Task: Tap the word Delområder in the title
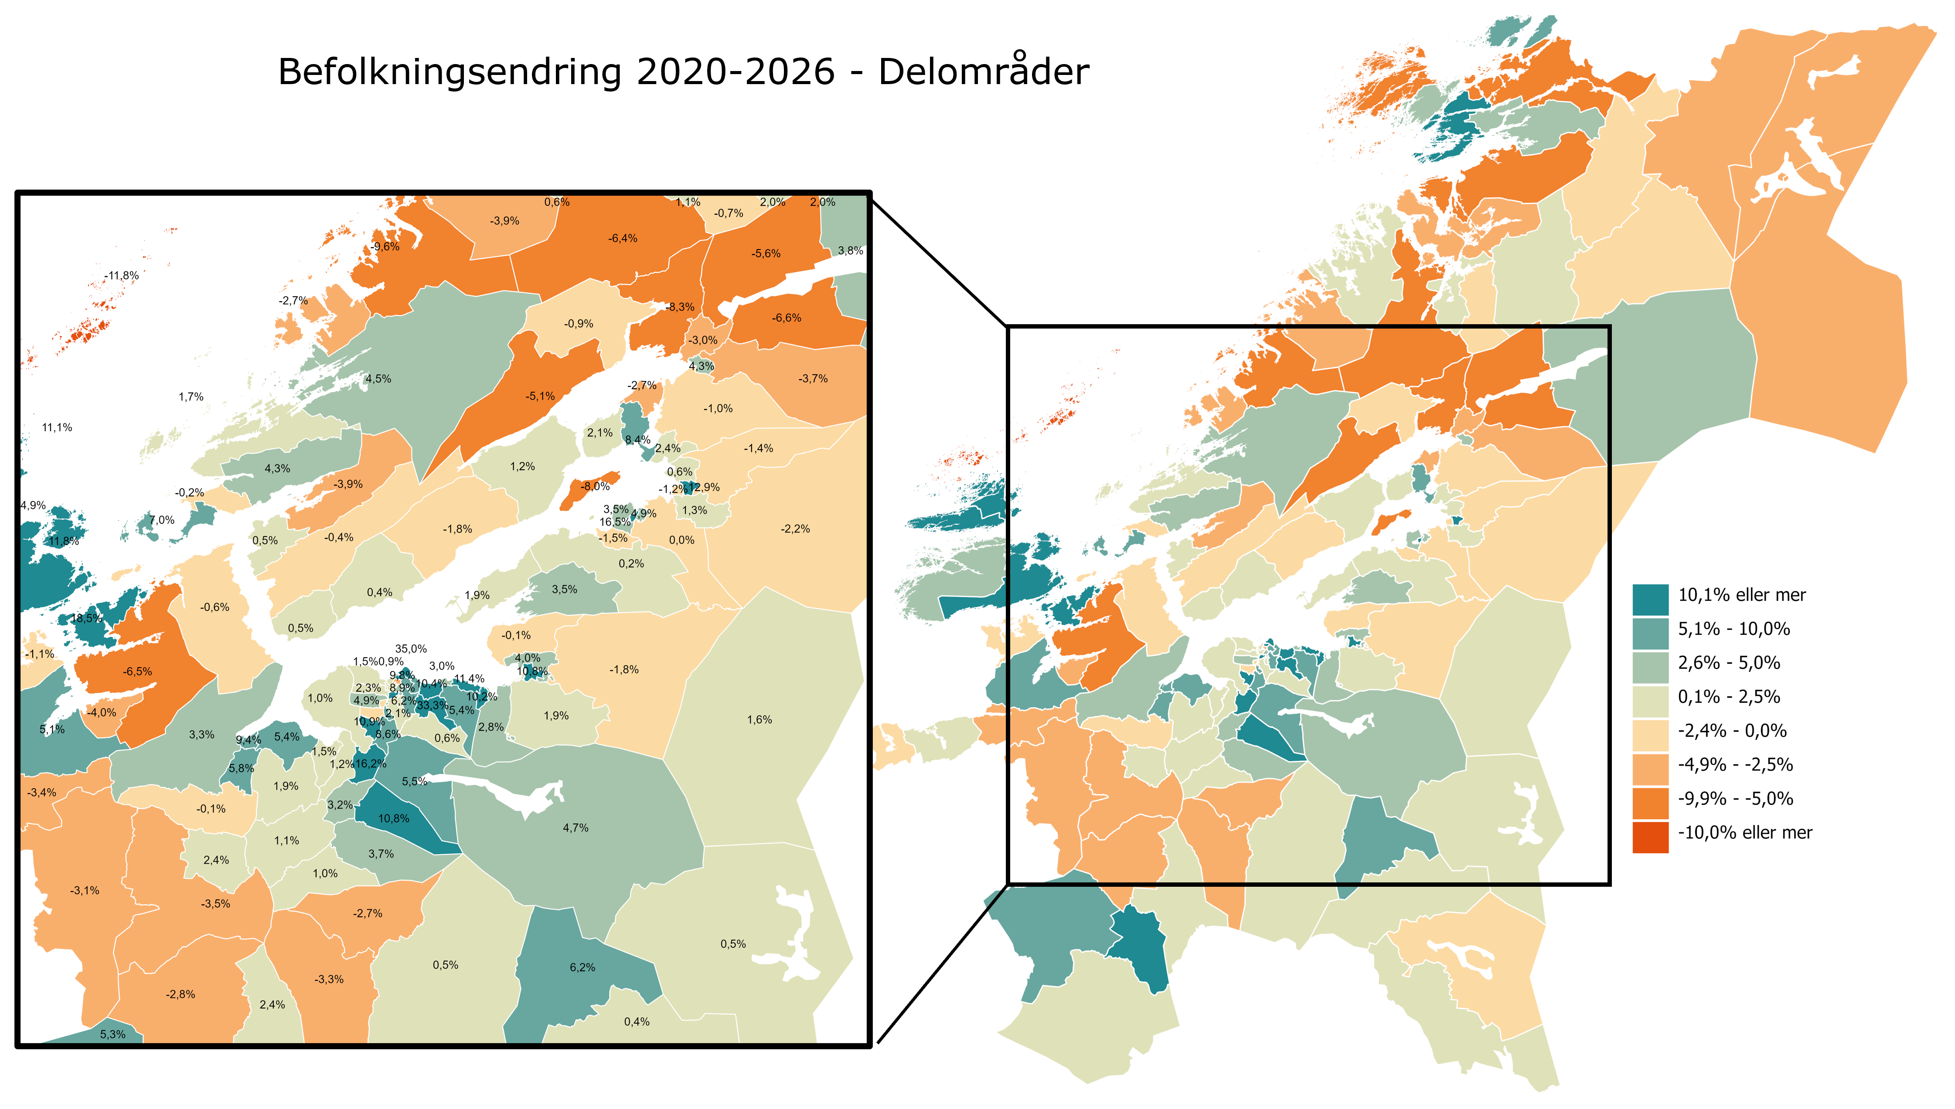[983, 72]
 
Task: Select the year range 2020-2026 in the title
[735, 72]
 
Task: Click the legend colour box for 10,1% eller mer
[1650, 595]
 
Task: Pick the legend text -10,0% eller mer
[1745, 832]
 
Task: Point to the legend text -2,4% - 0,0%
[1732, 730]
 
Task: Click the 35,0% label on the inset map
[411, 649]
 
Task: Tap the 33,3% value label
[432, 705]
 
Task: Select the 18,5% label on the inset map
[87, 618]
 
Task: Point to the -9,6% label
[385, 247]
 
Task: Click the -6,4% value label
[623, 238]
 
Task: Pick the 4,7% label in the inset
[575, 828]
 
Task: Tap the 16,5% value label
[615, 522]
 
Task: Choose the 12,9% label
[704, 488]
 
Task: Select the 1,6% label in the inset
[760, 720]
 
